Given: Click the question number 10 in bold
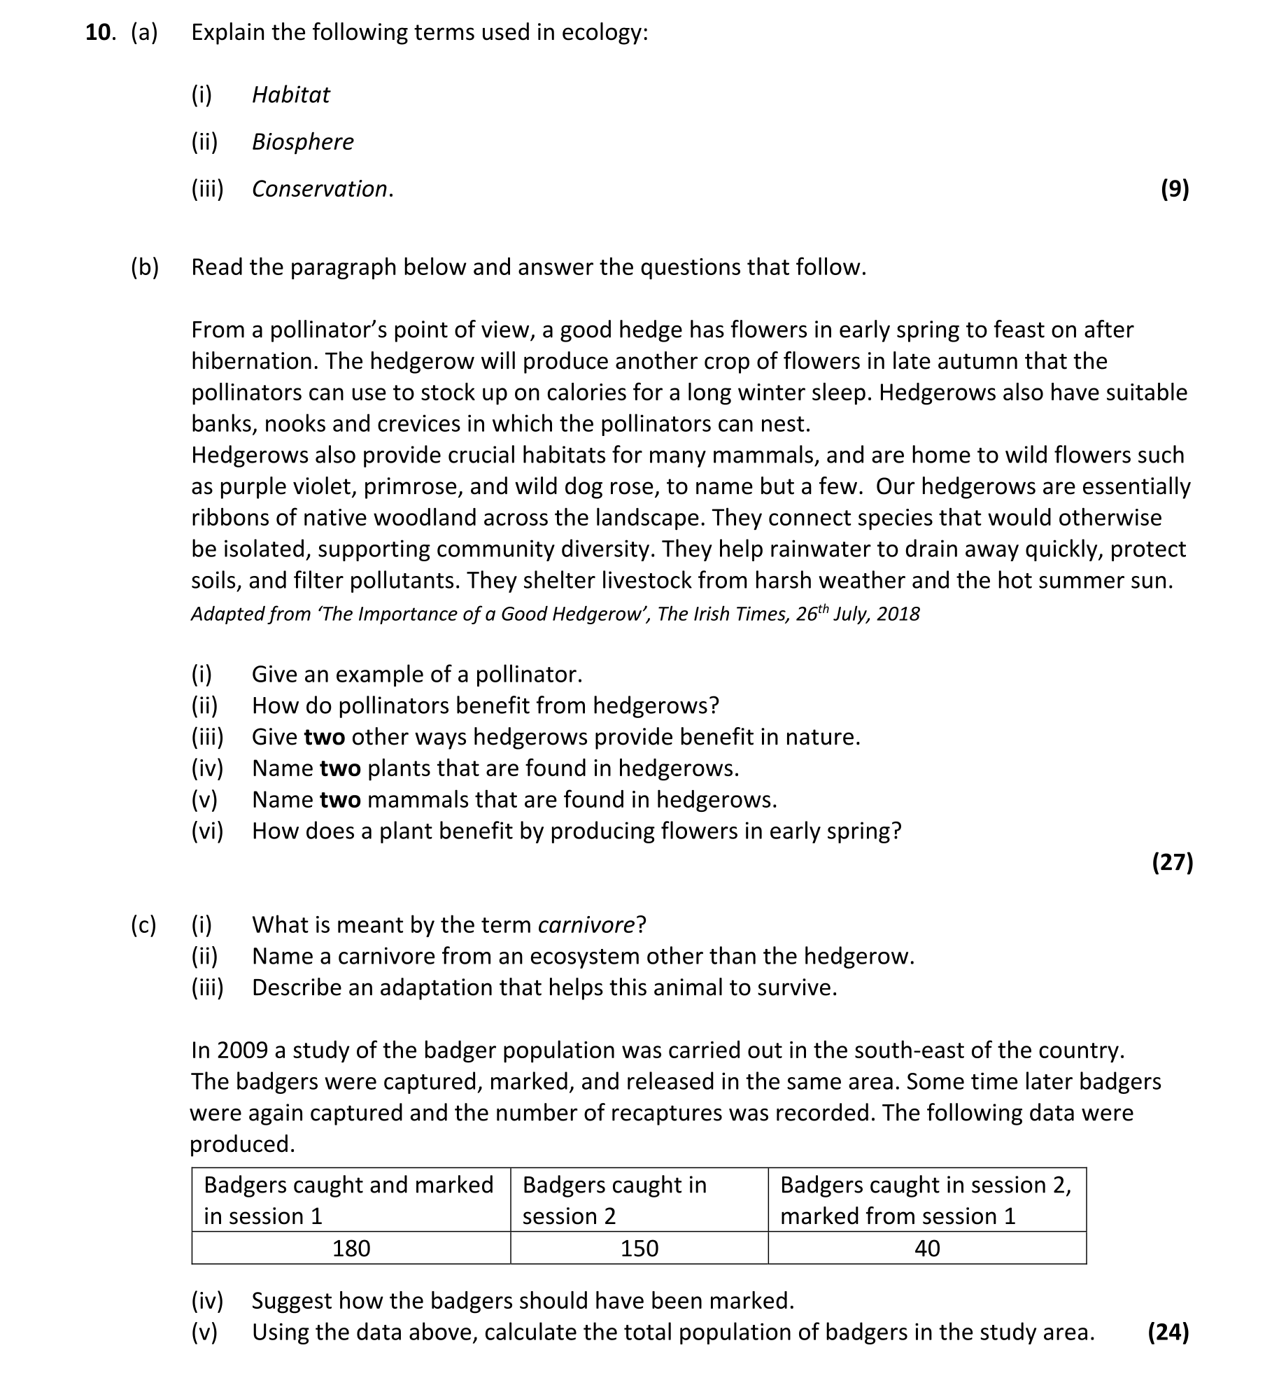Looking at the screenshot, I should (98, 33).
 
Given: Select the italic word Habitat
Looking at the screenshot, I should (290, 94).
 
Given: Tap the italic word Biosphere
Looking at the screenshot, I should (302, 141).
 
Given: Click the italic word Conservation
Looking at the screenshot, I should (320, 189).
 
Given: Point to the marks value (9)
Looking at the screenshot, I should (1175, 189).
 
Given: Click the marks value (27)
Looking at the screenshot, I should (1172, 862).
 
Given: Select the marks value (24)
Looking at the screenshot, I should (1168, 1332).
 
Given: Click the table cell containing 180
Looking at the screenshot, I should (351, 1249).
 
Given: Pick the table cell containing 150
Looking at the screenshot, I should (639, 1249).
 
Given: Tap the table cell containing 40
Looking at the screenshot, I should (927, 1249).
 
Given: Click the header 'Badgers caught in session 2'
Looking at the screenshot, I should (614, 1200).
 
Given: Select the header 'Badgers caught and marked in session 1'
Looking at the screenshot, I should (348, 1200).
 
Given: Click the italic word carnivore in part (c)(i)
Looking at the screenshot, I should (586, 925).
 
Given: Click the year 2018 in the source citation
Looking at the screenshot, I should (898, 614).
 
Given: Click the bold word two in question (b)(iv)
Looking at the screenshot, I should (340, 768).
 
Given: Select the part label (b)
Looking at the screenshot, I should (145, 267).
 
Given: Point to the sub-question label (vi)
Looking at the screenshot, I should (207, 831).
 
